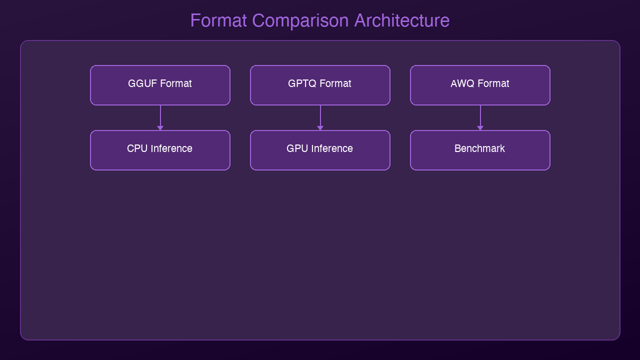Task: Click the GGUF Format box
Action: coord(160,85)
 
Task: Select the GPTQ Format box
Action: coord(320,85)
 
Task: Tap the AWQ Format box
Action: coord(480,85)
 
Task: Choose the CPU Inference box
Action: coord(160,150)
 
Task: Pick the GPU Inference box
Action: coord(320,150)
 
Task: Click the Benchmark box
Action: coord(480,150)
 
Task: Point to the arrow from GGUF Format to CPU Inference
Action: coord(160,117)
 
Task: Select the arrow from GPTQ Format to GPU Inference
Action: coord(320,117)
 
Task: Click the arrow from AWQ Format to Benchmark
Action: coord(480,117)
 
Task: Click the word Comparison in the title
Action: coord(301,21)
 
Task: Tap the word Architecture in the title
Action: coord(401,21)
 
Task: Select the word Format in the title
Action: coord(218,21)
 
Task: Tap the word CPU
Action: coord(137,148)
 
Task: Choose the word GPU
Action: coord(297,148)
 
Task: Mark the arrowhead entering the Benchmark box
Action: coord(480,128)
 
